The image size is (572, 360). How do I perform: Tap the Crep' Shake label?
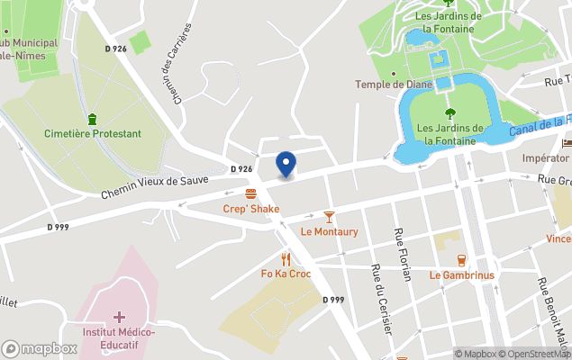pyautogui.click(x=250, y=209)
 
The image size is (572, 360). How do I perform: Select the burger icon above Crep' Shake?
pyautogui.click(x=250, y=193)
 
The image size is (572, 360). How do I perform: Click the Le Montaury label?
pyautogui.click(x=329, y=231)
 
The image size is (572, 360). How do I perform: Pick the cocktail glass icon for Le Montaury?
pyautogui.click(x=329, y=217)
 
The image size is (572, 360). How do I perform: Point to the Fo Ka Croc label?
pyautogui.click(x=286, y=274)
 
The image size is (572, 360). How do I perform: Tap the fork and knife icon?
pyautogui.click(x=286, y=259)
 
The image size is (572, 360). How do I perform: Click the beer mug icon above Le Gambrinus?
pyautogui.click(x=461, y=260)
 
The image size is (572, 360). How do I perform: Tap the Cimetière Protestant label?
pyautogui.click(x=93, y=134)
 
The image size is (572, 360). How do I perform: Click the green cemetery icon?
pyautogui.click(x=92, y=119)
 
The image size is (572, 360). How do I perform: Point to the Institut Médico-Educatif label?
pyautogui.click(x=119, y=338)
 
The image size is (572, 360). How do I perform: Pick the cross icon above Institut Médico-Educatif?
pyautogui.click(x=119, y=317)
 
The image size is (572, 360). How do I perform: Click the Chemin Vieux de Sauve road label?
pyautogui.click(x=155, y=185)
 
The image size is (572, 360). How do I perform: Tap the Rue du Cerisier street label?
pyautogui.click(x=381, y=300)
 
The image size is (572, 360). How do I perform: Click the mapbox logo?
pyautogui.click(x=40, y=348)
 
